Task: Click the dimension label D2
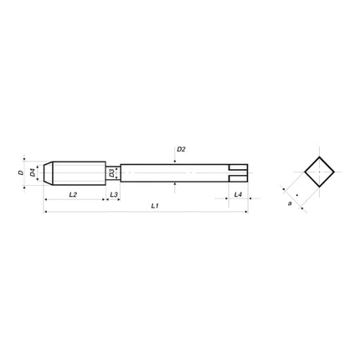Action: pyautogui.click(x=181, y=149)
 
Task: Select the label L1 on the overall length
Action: pyautogui.click(x=155, y=205)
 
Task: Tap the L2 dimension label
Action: pyautogui.click(x=73, y=193)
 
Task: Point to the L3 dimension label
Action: pyautogui.click(x=114, y=193)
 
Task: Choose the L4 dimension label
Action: pyautogui.click(x=238, y=193)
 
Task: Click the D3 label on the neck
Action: pyautogui.click(x=111, y=172)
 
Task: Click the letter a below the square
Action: pyautogui.click(x=290, y=202)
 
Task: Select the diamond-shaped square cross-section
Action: pyautogui.click(x=318, y=173)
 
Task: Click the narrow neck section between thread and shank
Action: pyautogui.click(x=117, y=172)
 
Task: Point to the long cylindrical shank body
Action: pyautogui.click(x=176, y=172)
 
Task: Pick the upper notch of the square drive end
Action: pyautogui.click(x=240, y=167)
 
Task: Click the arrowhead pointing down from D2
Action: pyautogui.click(x=175, y=161)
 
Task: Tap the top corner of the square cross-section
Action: pyautogui.click(x=318, y=157)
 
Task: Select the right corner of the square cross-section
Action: pyautogui.click(x=335, y=173)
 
